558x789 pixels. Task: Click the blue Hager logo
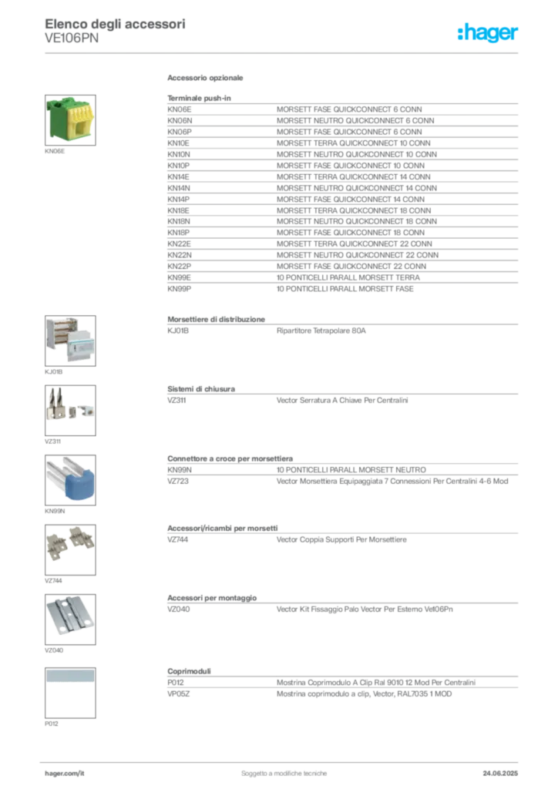pyautogui.click(x=489, y=33)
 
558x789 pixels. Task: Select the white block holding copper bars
pyautogui.click(x=59, y=336)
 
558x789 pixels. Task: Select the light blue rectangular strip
pyautogui.click(x=69, y=676)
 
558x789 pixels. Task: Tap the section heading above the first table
pyautogui.click(x=206, y=79)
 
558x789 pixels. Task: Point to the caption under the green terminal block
pyautogui.click(x=55, y=151)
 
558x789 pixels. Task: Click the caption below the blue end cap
pyautogui.click(x=55, y=512)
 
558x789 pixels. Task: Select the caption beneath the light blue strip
pyautogui.click(x=52, y=724)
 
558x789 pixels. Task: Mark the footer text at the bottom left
pyautogui.click(x=65, y=769)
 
